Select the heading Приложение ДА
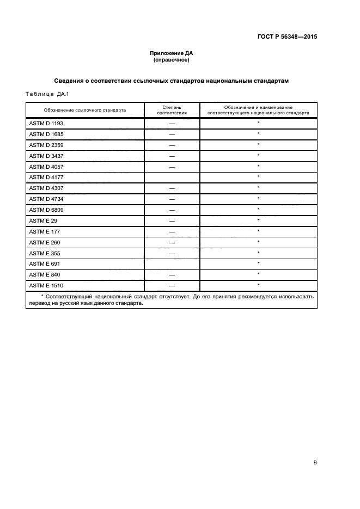point(172,53)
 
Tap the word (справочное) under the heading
point(172,60)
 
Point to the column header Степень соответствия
point(172,110)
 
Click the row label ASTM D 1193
point(46,124)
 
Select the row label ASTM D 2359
point(46,145)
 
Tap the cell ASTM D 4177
point(46,177)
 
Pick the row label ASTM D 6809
point(46,210)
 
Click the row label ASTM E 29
point(43,220)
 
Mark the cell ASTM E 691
point(44,263)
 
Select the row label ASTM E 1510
point(46,285)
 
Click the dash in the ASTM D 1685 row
point(172,134)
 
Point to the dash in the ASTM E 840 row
point(172,274)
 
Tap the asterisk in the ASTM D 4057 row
point(258,166)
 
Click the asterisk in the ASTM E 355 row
point(258,253)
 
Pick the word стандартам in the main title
point(265,81)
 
